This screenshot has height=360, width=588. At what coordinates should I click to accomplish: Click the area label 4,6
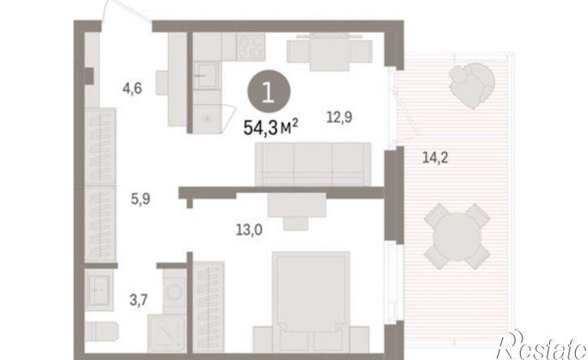[132, 89]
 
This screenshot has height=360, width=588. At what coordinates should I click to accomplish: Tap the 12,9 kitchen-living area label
[339, 118]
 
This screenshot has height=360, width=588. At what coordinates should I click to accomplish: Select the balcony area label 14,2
[435, 157]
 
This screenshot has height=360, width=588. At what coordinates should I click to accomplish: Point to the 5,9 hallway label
[140, 199]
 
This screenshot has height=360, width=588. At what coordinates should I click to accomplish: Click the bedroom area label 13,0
[249, 229]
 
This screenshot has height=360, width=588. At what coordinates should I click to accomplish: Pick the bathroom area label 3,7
[139, 300]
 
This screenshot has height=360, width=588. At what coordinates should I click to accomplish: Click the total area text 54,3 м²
[271, 127]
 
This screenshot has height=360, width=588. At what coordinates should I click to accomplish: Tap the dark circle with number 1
[268, 93]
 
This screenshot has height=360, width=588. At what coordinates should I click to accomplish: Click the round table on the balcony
[457, 236]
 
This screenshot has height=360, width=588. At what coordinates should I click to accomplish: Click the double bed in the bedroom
[311, 302]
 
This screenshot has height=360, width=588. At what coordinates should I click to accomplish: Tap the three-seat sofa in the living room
[313, 164]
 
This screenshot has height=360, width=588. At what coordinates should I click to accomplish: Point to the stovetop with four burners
[251, 46]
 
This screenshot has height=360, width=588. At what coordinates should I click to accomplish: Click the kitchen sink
[206, 75]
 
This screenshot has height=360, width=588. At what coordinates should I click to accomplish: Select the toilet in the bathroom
[101, 332]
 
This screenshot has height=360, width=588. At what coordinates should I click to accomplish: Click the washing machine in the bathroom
[174, 292]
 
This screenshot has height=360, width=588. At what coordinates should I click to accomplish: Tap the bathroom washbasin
[99, 290]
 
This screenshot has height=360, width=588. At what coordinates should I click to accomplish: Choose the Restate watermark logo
[542, 345]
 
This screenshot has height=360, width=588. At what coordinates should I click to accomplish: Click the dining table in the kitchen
[329, 52]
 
